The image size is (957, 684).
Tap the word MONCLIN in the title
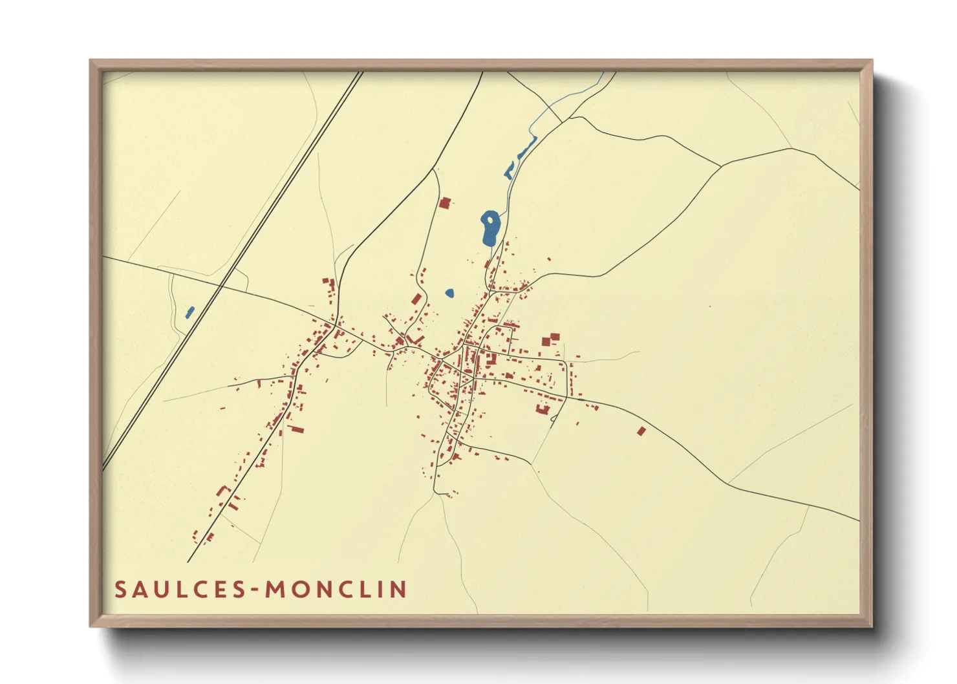[336, 590]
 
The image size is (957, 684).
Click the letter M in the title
[276, 590]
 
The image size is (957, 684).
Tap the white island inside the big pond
[491, 220]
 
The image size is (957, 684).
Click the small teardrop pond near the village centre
[450, 293]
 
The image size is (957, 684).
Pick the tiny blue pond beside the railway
[190, 312]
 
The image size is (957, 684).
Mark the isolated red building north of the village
[444, 203]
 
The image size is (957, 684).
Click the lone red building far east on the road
[641, 431]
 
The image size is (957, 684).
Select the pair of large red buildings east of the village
[550, 340]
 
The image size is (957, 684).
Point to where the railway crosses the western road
[220, 286]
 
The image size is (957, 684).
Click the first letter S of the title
[121, 590]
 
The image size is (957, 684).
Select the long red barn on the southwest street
[297, 429]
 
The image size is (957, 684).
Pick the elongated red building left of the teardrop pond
[416, 299]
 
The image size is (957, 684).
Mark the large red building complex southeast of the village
[542, 409]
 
